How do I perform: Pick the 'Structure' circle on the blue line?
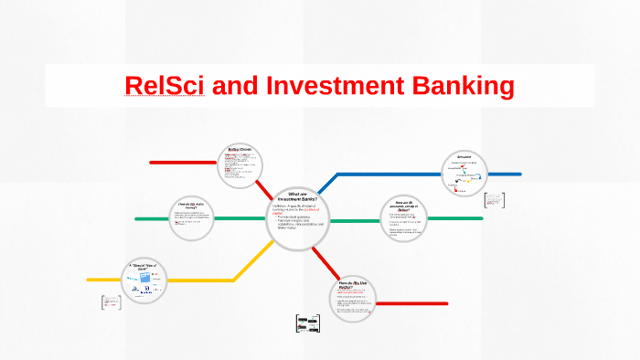466,173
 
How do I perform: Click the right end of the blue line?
518,174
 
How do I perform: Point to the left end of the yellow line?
90,280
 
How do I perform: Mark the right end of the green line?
481,218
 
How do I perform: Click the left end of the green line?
137,219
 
